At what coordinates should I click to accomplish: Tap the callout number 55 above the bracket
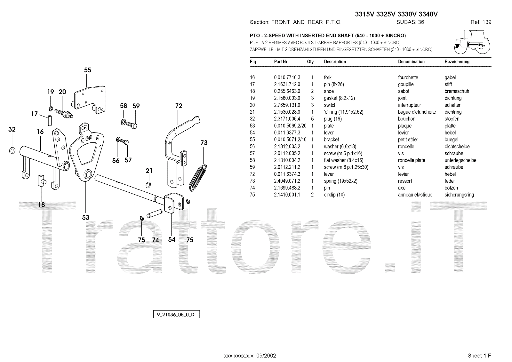(x=87, y=70)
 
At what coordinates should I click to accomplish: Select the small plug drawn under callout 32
(x=12, y=150)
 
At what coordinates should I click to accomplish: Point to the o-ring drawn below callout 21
(x=149, y=185)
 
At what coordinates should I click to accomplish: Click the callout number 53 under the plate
(x=85, y=218)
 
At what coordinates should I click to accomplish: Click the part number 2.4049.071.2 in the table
(x=287, y=181)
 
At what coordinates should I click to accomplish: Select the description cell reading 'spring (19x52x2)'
(x=340, y=181)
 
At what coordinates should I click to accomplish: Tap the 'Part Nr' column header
(x=281, y=62)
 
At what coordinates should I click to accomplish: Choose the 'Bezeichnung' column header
(x=457, y=62)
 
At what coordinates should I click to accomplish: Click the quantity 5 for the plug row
(x=312, y=119)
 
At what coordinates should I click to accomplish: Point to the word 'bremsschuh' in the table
(x=457, y=91)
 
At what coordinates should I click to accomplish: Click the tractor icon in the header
(x=472, y=42)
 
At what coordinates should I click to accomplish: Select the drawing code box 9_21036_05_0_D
(x=176, y=315)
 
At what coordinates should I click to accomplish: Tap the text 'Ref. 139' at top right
(x=481, y=22)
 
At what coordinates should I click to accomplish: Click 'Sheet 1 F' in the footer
(x=479, y=356)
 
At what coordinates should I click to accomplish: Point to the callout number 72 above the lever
(x=179, y=106)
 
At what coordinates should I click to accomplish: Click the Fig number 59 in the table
(x=252, y=167)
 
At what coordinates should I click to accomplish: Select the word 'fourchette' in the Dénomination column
(x=408, y=77)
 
